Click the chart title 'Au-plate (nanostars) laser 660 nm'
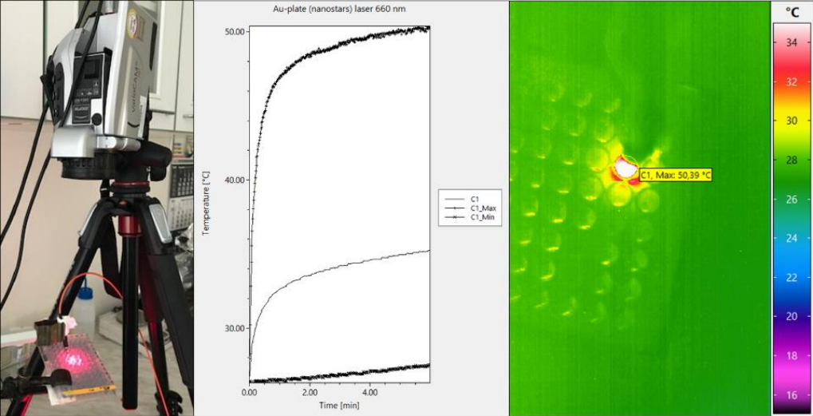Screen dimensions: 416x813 338,10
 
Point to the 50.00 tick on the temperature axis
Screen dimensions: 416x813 235,33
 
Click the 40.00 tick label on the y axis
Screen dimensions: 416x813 235,180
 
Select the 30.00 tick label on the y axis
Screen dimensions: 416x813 235,328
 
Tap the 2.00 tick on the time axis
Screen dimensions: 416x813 310,393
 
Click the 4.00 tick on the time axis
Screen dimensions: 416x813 369,393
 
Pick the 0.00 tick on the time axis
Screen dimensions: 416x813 250,393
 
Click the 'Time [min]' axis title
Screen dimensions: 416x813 338,406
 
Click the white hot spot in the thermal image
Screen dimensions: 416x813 625,168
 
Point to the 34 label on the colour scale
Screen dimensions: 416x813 791,43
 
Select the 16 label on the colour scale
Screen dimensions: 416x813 791,394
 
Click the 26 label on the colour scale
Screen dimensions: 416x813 791,199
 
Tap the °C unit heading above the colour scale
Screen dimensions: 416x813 792,12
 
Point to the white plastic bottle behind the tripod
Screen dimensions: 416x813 84,311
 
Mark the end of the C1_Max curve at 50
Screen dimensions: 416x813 428,28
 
